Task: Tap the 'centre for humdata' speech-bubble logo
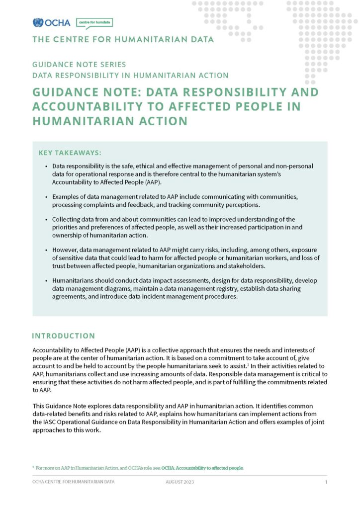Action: (x=94, y=22)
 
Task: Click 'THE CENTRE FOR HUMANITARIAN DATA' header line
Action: (x=123, y=39)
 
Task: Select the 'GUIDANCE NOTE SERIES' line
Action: (x=79, y=65)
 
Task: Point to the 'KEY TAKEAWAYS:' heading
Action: (x=70, y=153)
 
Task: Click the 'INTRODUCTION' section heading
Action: (x=63, y=336)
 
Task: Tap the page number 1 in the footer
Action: (x=326, y=482)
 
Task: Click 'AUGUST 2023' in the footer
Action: (x=180, y=482)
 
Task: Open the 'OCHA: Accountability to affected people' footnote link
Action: (x=202, y=468)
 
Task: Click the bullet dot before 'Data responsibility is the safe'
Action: (x=47, y=166)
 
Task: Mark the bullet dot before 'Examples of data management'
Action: (x=47, y=197)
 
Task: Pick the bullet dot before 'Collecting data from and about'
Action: (x=47, y=220)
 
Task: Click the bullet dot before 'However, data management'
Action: (x=47, y=250)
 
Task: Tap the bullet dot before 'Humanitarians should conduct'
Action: (x=47, y=281)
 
